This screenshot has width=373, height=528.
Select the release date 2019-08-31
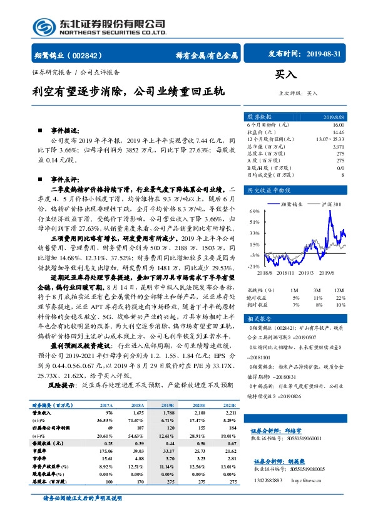(x=324, y=55)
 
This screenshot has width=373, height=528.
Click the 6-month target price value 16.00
(x=338, y=126)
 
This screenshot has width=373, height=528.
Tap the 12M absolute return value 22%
(x=340, y=297)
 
